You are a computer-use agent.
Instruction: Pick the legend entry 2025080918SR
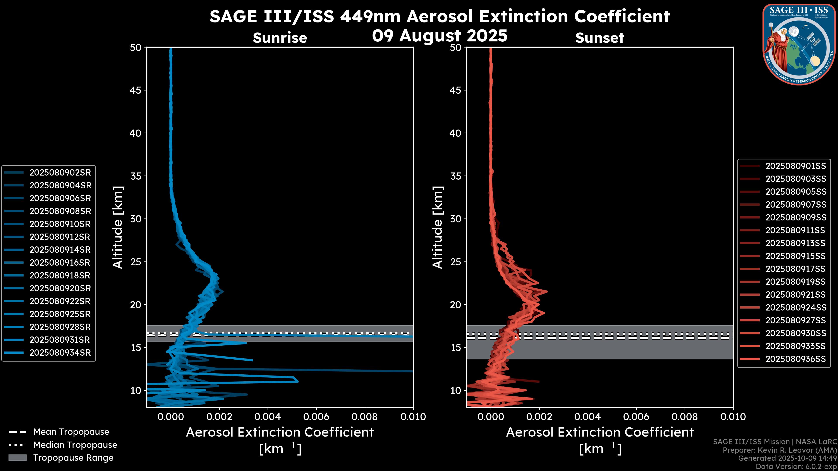click(60, 276)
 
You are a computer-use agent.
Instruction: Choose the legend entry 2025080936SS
click(795, 359)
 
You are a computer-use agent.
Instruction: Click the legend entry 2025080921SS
click(795, 295)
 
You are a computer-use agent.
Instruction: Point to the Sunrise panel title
click(280, 38)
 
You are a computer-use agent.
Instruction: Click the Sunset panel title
click(599, 38)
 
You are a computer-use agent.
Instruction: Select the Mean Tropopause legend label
click(71, 432)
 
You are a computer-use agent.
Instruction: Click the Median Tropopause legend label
click(75, 445)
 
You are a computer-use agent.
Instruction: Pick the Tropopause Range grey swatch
click(17, 458)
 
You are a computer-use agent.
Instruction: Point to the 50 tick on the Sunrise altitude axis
click(136, 48)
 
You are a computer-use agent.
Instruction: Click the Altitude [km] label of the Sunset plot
click(438, 227)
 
